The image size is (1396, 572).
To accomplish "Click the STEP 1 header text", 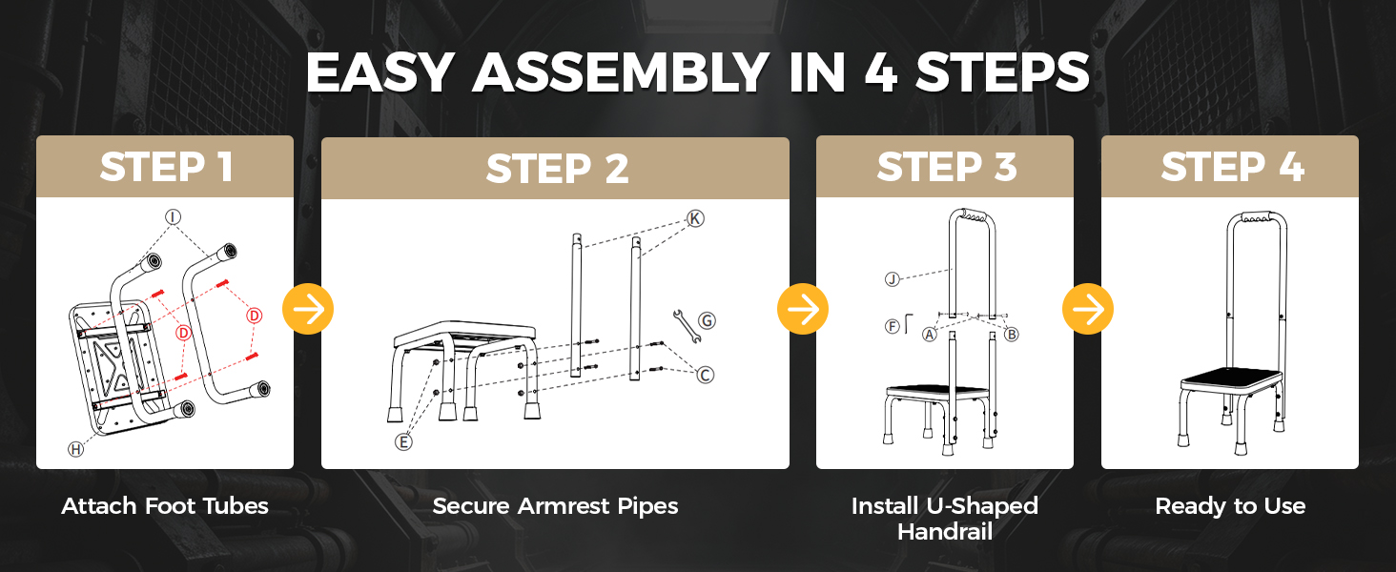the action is click(x=167, y=167).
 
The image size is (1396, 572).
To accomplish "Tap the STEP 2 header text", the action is click(x=557, y=169).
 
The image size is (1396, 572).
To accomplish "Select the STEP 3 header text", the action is click(x=947, y=167).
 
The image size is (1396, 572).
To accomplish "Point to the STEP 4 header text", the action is click(x=1232, y=167).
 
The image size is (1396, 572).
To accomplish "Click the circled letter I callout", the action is click(x=174, y=216).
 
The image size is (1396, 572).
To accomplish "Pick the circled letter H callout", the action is click(x=76, y=449).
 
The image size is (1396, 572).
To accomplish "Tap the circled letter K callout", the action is click(x=695, y=218).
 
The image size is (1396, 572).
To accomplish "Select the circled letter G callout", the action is click(x=707, y=321).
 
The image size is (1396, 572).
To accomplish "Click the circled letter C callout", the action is click(x=705, y=375).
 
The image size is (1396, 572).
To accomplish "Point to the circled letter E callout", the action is click(x=404, y=442).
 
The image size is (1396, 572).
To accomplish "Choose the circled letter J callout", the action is click(x=893, y=278).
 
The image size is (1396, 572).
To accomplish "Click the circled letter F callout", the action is click(x=893, y=326).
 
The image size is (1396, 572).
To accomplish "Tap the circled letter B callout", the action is click(x=1012, y=335).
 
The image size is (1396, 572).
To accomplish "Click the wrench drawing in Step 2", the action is click(x=687, y=326).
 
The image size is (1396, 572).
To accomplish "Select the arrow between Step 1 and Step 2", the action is click(x=308, y=309).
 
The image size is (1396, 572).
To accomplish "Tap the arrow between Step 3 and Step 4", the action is click(x=1088, y=309).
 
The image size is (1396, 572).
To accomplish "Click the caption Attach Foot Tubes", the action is click(x=165, y=506).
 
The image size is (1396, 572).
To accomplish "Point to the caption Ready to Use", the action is click(x=1230, y=506).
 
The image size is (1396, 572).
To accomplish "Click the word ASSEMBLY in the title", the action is click(x=621, y=72).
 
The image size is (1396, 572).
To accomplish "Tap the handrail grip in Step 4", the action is click(x=1257, y=216).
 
